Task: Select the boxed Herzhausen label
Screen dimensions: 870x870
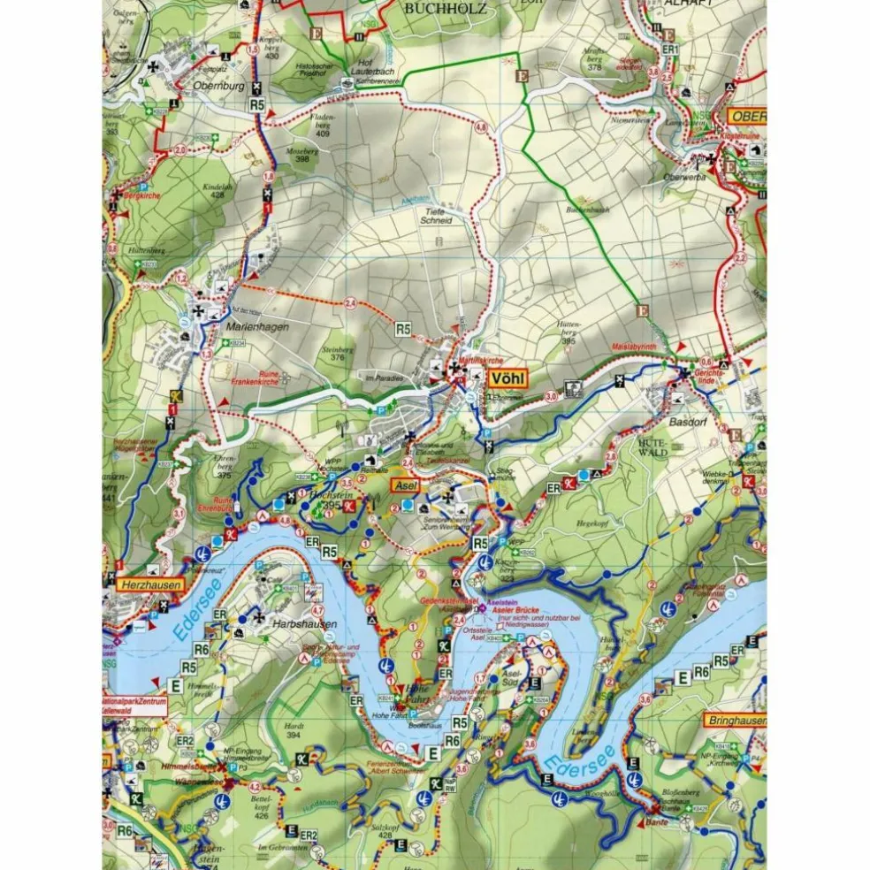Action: (x=150, y=584)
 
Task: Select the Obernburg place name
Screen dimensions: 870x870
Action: (x=217, y=87)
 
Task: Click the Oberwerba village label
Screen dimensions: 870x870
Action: (x=683, y=176)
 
